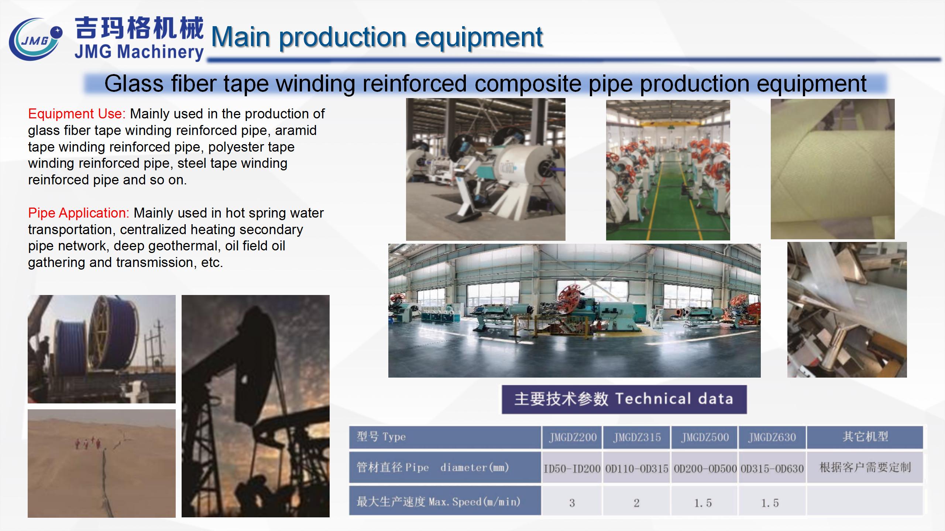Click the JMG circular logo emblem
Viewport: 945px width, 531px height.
pos(35,40)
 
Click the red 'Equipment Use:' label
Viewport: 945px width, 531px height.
pos(77,114)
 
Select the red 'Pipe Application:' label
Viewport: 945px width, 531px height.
pos(79,213)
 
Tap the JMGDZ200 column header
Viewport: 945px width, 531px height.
pos(572,437)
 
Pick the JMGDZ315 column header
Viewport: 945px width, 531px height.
pos(637,437)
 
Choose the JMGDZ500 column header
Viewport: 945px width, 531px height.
pos(705,437)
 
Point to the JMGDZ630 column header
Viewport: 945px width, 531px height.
pos(772,437)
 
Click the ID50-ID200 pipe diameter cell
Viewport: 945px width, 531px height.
pos(572,469)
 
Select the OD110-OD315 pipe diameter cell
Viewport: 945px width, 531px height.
pos(637,469)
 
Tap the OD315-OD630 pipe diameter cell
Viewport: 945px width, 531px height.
pos(772,469)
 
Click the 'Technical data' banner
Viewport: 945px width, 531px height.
pos(624,399)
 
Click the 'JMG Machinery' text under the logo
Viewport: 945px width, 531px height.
pos(139,52)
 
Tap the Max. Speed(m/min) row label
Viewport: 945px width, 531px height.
pos(438,502)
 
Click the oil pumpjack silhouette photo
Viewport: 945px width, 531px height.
pos(255,406)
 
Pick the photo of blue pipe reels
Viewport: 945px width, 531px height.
pos(102,349)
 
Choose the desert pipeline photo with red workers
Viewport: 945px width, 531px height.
pos(102,463)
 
